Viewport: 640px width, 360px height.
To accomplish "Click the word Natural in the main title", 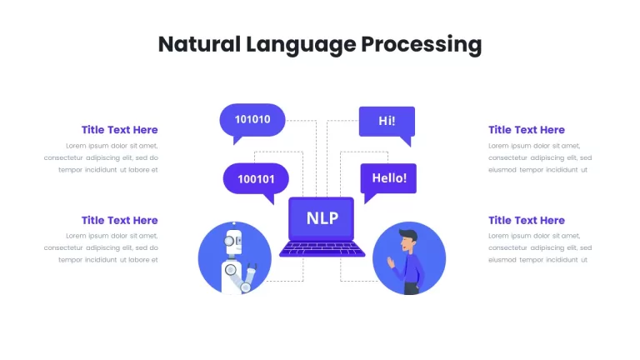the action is coord(199,44).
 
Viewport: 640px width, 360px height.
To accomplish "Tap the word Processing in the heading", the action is coord(421,45).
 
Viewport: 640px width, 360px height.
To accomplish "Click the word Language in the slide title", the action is coord(301,45).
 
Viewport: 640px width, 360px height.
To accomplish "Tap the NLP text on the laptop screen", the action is coord(322,218).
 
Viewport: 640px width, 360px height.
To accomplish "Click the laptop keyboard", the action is coord(322,248).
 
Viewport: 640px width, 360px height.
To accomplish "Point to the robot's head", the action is coord(233,242).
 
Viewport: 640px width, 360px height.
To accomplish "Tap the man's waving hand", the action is coord(391,262).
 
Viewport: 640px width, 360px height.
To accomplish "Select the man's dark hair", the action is coord(409,236).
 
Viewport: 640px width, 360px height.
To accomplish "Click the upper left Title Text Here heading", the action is coord(120,130).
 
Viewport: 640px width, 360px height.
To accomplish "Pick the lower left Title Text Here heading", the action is coord(120,220).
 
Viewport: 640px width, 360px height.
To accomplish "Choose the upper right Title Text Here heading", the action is coord(527,130).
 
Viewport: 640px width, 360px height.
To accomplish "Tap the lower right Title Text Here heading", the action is coord(527,220).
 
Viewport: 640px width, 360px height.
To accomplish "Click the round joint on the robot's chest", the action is coord(231,269).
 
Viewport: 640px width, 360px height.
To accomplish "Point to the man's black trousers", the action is coord(412,288).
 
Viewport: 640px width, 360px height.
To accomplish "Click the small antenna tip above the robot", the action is coord(234,223).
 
